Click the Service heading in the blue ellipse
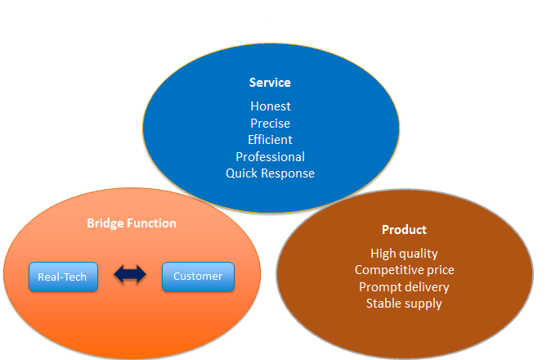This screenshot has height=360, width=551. tap(270, 83)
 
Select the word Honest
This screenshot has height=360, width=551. tap(271, 106)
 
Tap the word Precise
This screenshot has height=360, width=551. tap(271, 124)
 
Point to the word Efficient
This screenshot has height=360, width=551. tap(270, 140)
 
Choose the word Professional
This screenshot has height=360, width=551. tap(271, 157)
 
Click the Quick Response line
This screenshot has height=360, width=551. tap(271, 173)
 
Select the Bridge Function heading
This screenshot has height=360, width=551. tap(132, 223)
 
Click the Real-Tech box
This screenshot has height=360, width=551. tap(63, 277)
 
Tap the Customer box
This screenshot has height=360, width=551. tap(198, 277)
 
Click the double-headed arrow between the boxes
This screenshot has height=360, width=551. tap(130, 274)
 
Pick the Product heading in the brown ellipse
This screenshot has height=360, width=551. tap(404, 230)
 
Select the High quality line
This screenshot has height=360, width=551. tap(404, 254)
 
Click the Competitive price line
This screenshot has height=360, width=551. tap(405, 270)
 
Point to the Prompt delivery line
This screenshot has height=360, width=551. tap(404, 287)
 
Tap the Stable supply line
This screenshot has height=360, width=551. tap(404, 304)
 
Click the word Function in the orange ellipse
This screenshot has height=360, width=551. tap(151, 223)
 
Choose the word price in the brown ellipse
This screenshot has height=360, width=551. tap(441, 270)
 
